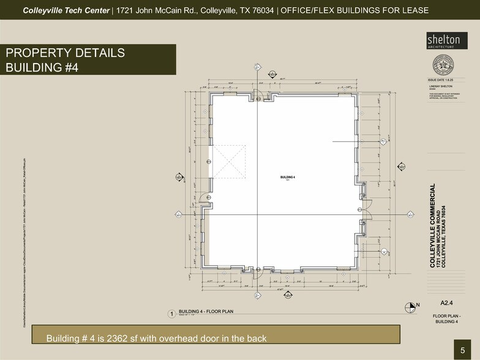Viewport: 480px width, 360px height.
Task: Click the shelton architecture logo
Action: point(443,40)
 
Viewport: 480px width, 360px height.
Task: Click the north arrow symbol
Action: point(410,306)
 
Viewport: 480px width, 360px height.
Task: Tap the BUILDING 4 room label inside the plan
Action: point(288,176)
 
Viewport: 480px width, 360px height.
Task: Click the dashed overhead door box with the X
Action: point(228,162)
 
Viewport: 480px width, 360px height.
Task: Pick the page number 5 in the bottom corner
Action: point(463,350)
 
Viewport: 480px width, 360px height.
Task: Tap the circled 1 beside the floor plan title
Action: point(172,314)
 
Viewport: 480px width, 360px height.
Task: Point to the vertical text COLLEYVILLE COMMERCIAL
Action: point(433,225)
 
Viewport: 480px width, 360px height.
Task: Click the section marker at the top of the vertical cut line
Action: point(257,67)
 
